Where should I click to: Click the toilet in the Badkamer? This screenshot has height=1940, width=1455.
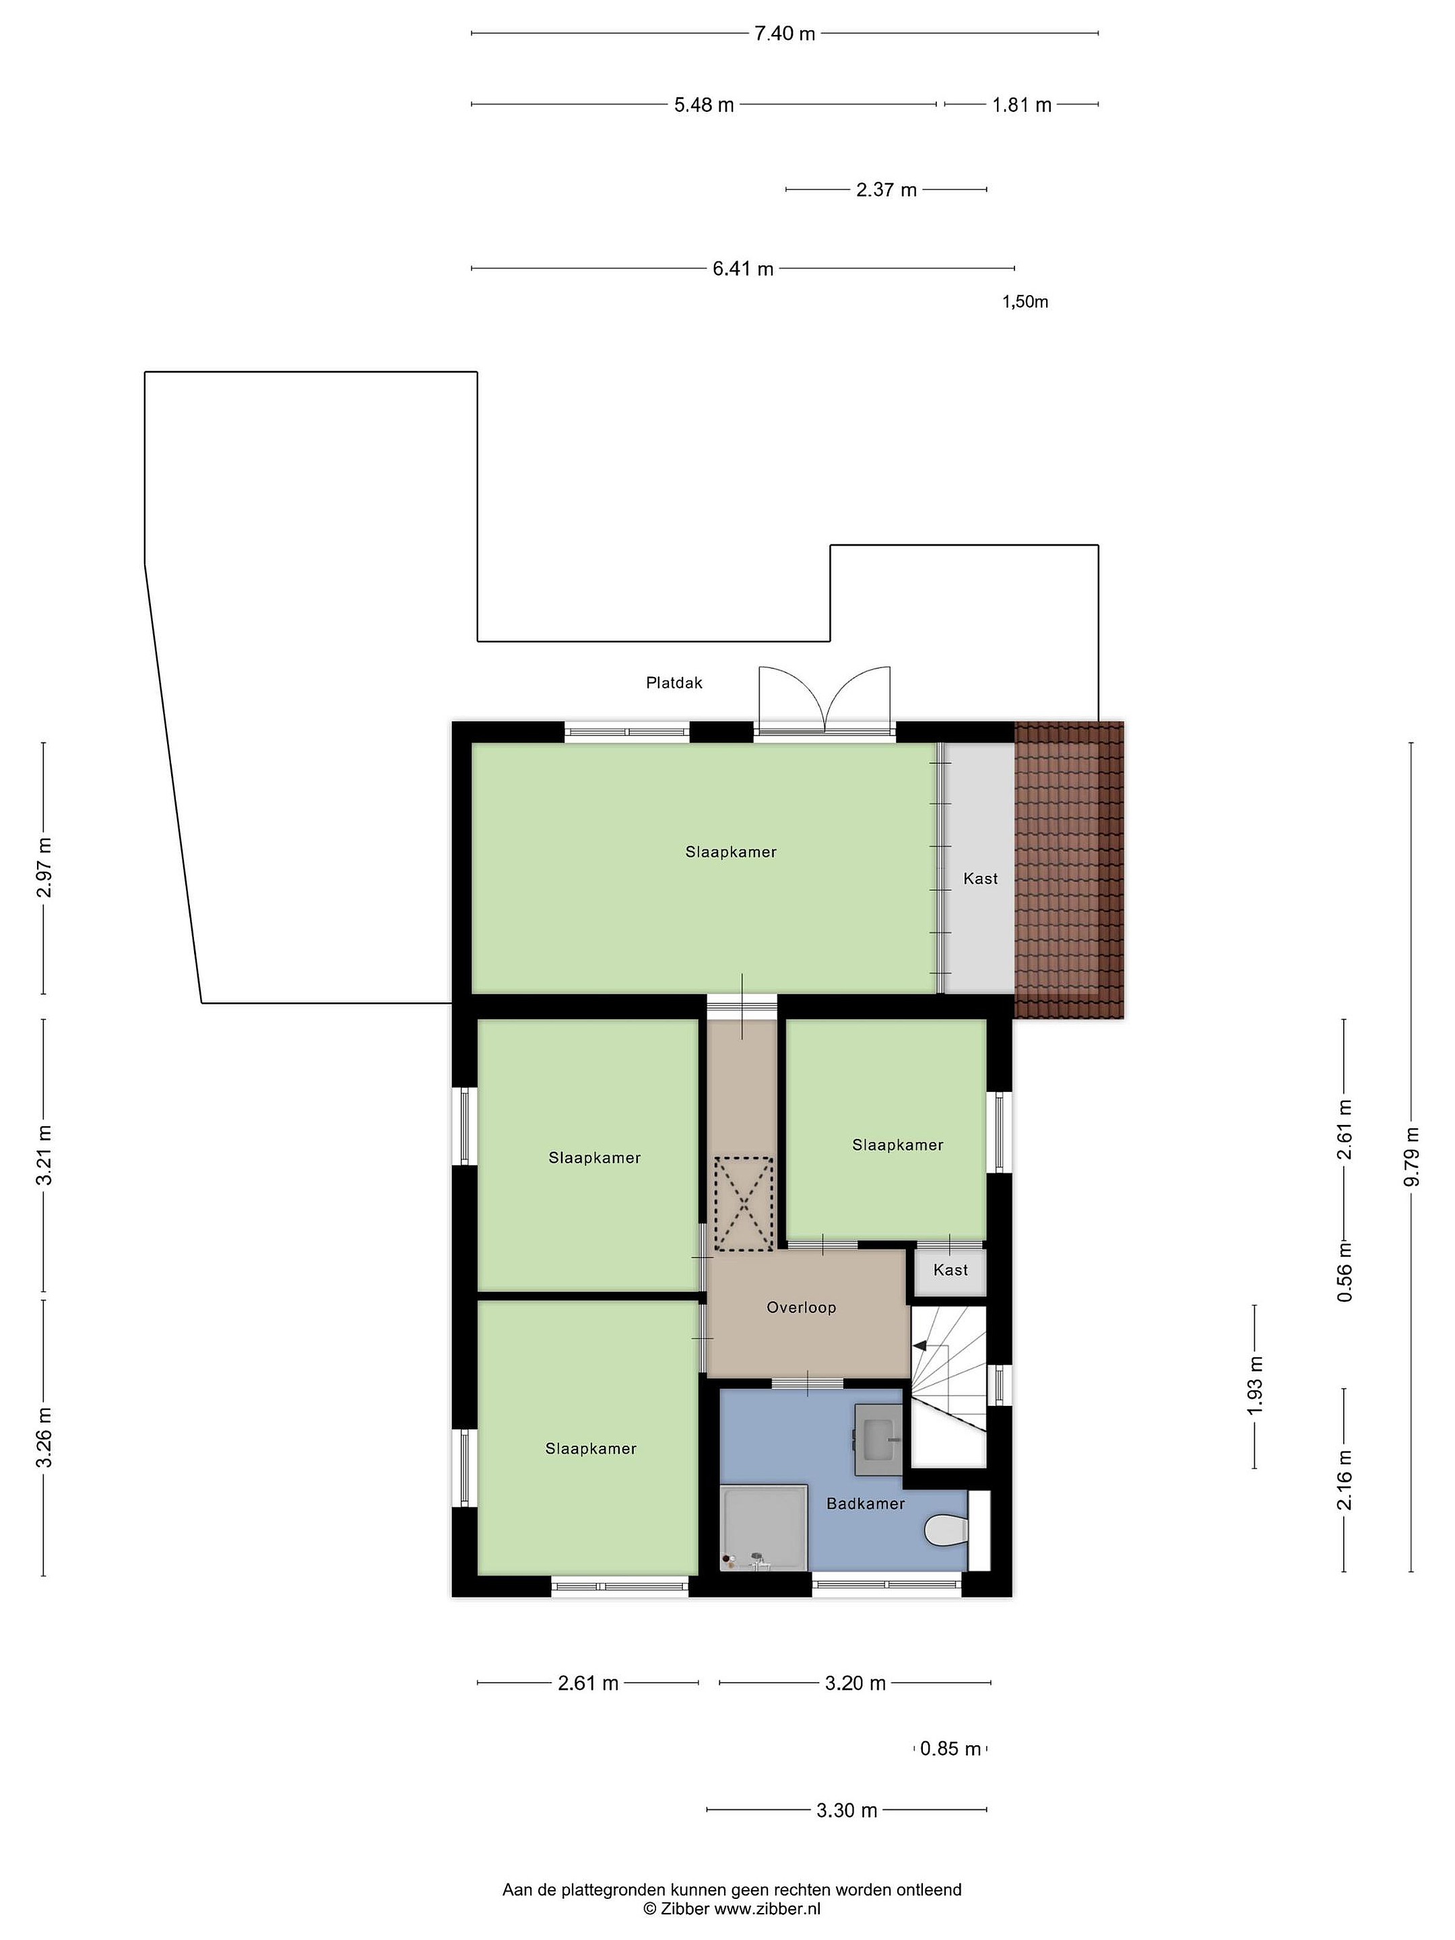coord(946,1530)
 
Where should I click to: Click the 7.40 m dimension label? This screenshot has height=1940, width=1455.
coord(785,33)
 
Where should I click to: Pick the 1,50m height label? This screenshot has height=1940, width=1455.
coord(1025,302)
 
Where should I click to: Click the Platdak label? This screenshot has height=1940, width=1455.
coord(674,682)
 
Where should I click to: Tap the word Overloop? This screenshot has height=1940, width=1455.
coord(801,1307)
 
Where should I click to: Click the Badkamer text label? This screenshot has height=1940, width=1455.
coord(866,1503)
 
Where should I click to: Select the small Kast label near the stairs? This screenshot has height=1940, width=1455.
coord(950,1270)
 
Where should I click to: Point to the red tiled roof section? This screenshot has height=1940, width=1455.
coord(1069,870)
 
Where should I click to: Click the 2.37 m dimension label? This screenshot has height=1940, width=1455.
coord(886,189)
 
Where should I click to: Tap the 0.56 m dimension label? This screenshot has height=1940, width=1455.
coord(1345,1272)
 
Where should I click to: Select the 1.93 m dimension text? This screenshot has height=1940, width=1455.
coord(1255,1385)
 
